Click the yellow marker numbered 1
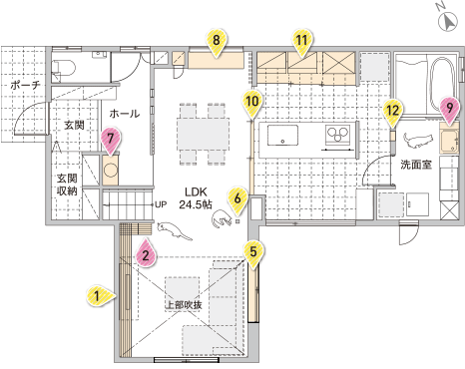click(x=97, y=294)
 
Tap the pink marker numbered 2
click(x=146, y=253)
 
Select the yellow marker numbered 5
click(x=254, y=251)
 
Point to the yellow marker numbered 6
click(x=237, y=197)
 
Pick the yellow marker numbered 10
click(x=251, y=101)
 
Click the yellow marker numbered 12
click(x=393, y=110)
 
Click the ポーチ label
click(x=23, y=86)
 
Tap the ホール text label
click(x=125, y=114)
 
